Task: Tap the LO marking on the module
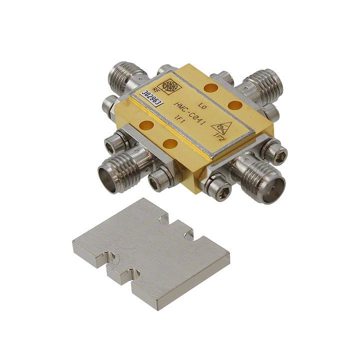(x=202, y=106)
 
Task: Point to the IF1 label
(x=178, y=117)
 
